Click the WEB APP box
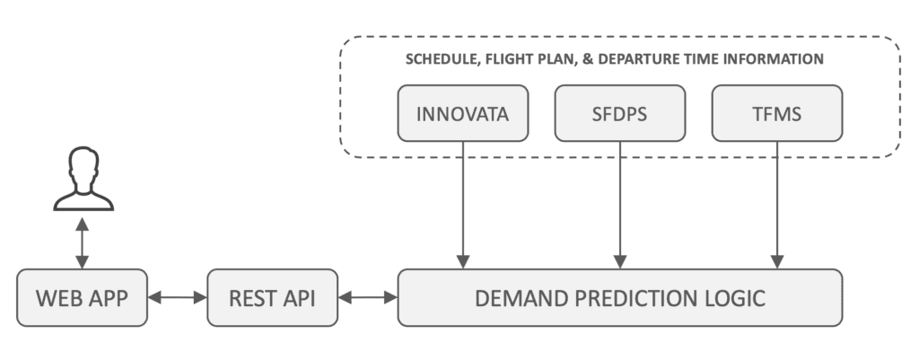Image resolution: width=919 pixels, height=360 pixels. pos(82,298)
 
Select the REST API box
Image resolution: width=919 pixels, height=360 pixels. pos(273,298)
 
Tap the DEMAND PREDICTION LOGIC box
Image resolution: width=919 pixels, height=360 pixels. pos(620,298)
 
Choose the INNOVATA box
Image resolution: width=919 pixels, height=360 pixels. pos(463,113)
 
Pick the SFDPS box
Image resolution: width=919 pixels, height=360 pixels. pos(620,113)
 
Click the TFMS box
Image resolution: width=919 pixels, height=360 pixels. pos(777,113)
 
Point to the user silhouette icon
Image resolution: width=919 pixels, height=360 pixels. pos(83,179)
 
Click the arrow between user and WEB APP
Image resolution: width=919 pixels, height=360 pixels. pos(82,243)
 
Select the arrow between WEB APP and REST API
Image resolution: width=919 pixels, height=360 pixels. pos(178,298)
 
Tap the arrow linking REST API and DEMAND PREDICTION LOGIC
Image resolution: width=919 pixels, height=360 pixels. pos(368,298)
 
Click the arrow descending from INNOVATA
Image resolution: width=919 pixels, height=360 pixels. pos(463,206)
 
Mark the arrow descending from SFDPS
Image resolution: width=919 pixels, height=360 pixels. pos(620,206)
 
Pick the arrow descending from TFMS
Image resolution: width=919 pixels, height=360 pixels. pos(777,206)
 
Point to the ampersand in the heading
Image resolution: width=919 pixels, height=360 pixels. pos(588,59)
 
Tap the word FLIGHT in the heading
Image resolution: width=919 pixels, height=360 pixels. pos(506,59)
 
